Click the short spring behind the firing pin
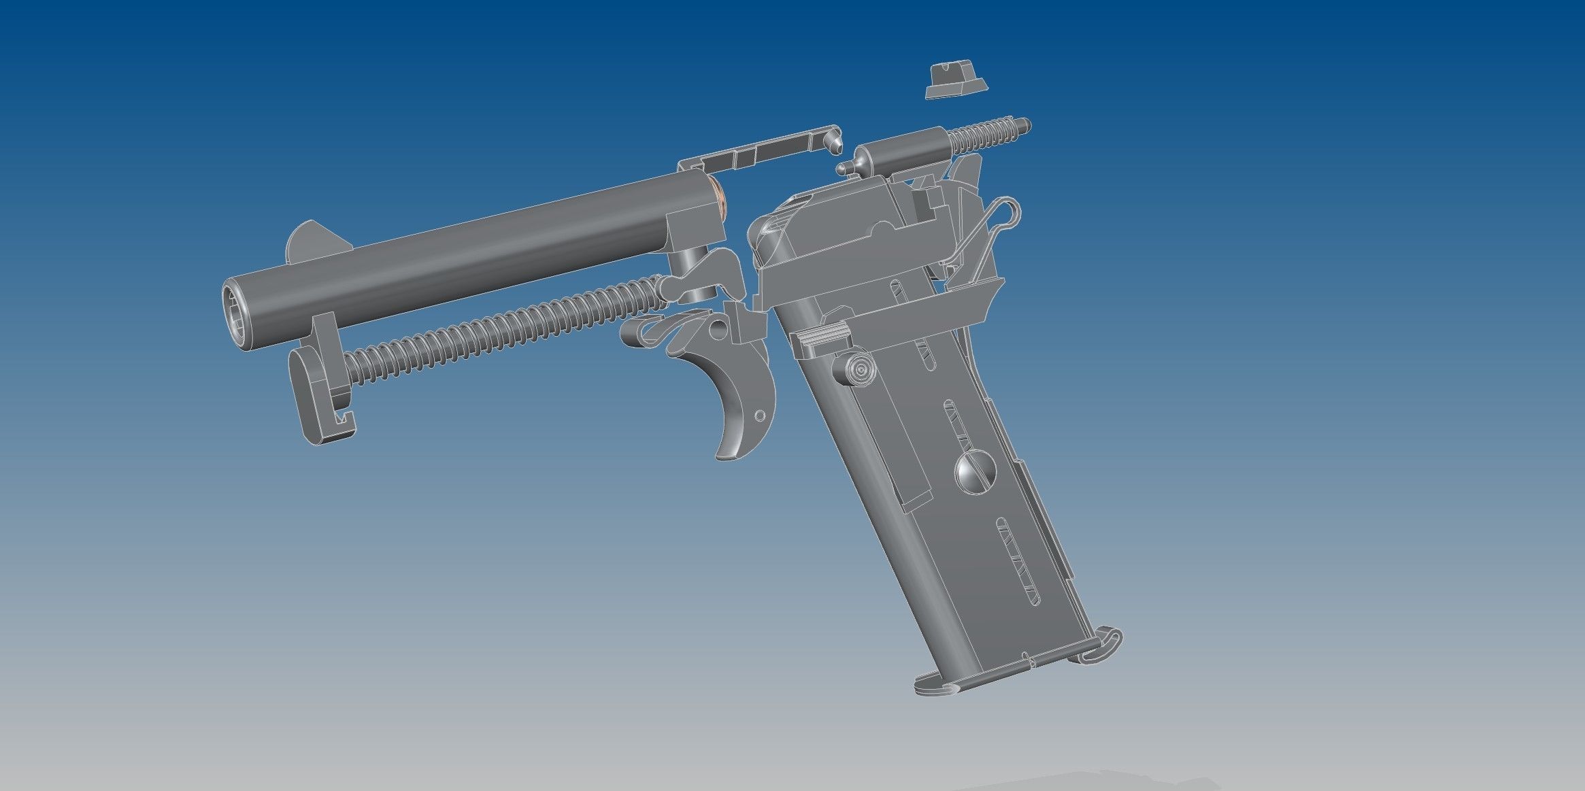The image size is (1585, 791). click(986, 135)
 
